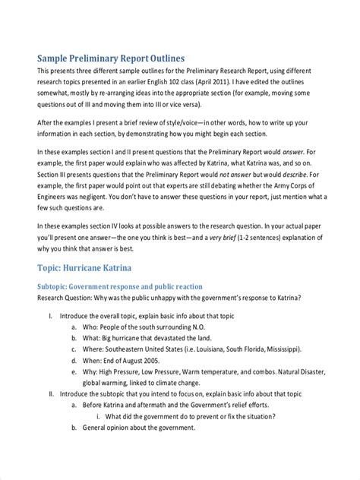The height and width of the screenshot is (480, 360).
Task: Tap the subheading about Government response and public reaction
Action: (120, 286)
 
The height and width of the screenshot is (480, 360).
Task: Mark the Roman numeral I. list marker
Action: (49, 314)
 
